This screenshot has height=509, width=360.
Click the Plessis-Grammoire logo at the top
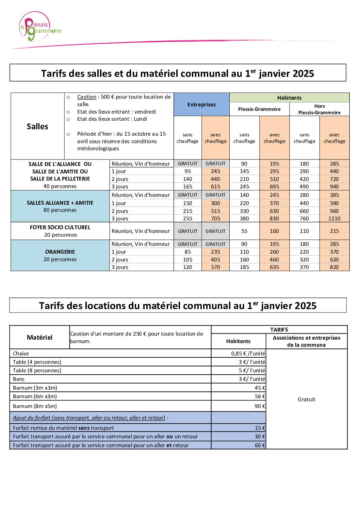(x=40, y=27)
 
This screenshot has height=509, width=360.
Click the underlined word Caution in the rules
(x=86, y=97)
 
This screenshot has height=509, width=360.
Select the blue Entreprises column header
(x=201, y=104)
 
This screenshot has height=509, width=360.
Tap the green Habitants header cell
(x=289, y=98)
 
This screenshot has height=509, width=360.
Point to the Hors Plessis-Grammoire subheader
(x=319, y=109)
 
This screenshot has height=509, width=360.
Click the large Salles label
(x=37, y=126)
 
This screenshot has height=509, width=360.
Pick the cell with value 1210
(x=334, y=219)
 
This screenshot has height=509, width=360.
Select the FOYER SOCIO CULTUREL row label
(x=60, y=227)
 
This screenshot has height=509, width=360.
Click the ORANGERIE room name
(x=60, y=252)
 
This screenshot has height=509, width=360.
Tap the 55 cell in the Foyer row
(x=244, y=231)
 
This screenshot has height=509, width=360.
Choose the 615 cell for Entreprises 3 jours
(x=215, y=187)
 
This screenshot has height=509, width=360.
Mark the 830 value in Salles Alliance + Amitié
(x=274, y=219)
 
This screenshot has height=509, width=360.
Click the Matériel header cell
(x=39, y=337)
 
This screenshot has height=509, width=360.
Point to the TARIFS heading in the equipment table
(x=279, y=330)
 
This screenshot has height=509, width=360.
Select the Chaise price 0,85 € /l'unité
(x=248, y=354)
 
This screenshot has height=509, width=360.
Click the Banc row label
(x=19, y=379)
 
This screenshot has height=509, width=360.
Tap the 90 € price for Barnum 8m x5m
(x=260, y=406)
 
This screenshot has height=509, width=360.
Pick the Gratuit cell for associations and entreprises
(x=306, y=400)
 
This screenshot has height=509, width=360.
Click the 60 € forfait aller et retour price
(x=260, y=445)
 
